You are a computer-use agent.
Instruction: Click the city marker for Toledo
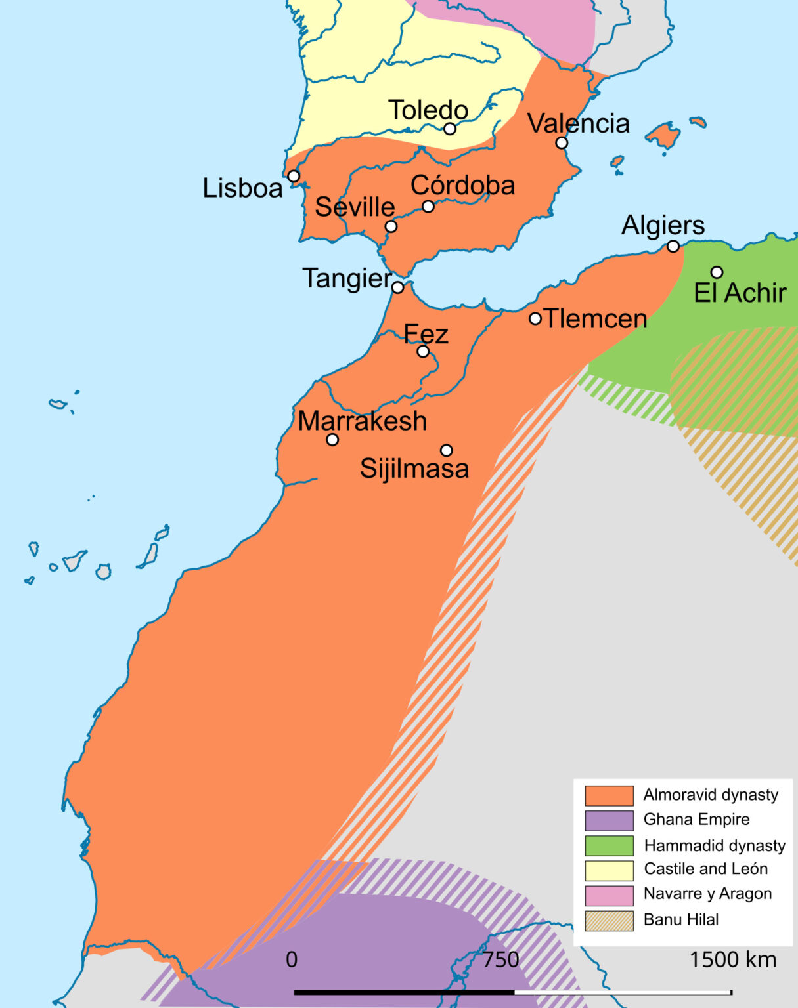[x=450, y=129]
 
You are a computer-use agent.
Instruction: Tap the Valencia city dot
[x=562, y=143]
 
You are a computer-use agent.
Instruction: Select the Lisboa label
[x=242, y=188]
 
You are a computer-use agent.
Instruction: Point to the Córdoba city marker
[x=428, y=207]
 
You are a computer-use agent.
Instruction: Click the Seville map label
[x=355, y=207]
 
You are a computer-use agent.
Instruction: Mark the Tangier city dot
[x=397, y=287]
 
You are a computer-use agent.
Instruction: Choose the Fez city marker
[x=424, y=352]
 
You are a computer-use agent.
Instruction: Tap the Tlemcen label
[x=596, y=319]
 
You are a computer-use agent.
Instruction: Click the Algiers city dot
[x=673, y=246]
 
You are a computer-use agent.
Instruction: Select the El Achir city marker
[x=717, y=272]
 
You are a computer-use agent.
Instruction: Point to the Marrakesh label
[x=363, y=421]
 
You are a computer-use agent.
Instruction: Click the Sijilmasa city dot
[x=447, y=450]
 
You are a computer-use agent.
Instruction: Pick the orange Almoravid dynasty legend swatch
[x=609, y=795]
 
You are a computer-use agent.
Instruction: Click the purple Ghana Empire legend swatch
[x=609, y=820]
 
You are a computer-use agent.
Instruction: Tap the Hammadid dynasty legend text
[x=715, y=845]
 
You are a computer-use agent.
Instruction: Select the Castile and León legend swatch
[x=609, y=870]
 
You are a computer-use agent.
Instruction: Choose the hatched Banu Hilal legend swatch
[x=609, y=920]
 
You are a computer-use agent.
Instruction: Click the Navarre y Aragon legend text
[x=707, y=894]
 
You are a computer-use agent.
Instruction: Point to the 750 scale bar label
[x=501, y=960]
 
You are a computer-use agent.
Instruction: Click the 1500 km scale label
[x=732, y=960]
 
